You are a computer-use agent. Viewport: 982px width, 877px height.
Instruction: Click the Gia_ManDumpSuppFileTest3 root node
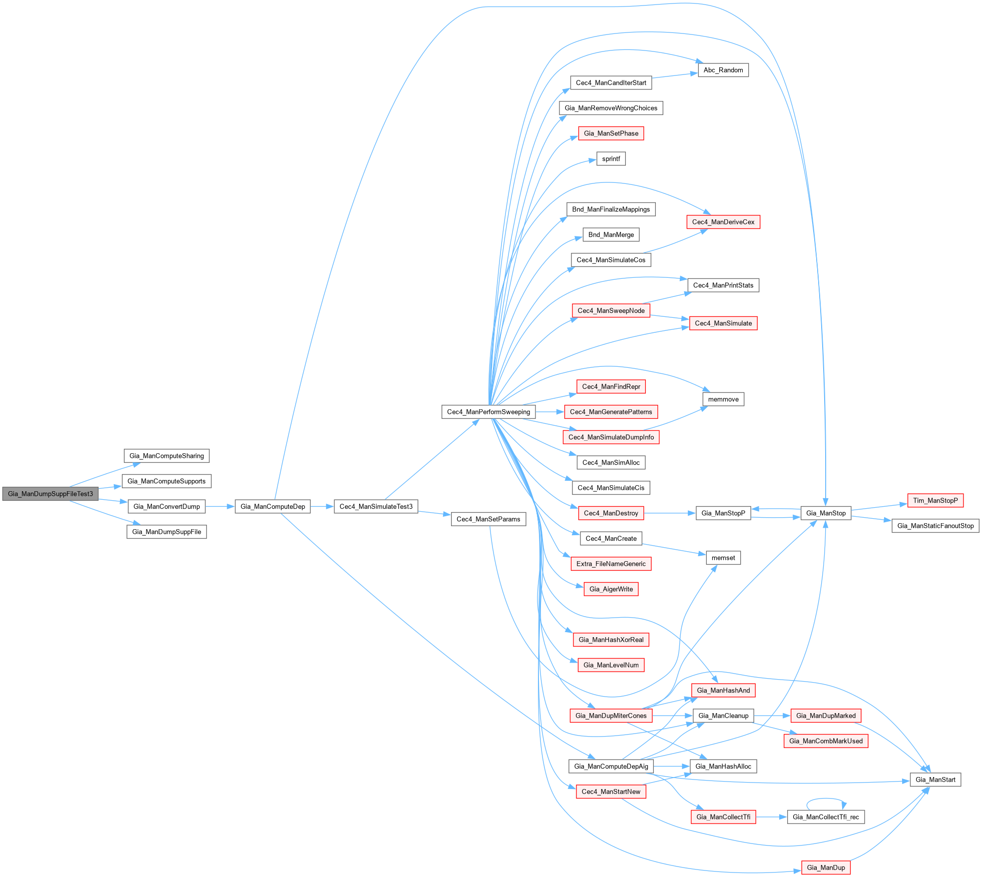(50, 494)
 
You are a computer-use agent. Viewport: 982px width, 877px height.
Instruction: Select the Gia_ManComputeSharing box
(166, 456)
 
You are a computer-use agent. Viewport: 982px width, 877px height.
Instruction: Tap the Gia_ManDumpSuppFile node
(166, 532)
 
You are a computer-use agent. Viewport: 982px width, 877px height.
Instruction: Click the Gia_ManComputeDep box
(273, 506)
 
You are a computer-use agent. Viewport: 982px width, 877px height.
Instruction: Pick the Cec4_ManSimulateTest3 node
(376, 506)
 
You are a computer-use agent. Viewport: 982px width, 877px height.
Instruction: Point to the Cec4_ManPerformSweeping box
(489, 412)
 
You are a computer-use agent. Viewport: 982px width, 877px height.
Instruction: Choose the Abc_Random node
(723, 70)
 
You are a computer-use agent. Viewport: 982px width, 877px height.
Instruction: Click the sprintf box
(611, 159)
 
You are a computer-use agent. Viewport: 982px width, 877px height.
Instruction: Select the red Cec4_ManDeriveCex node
(723, 222)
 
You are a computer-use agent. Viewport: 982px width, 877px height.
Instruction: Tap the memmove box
(723, 399)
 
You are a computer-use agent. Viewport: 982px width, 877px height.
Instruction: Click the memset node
(723, 558)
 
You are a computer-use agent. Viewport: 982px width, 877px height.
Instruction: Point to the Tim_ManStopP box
(936, 500)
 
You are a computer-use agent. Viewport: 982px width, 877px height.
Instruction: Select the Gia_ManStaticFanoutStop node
(936, 526)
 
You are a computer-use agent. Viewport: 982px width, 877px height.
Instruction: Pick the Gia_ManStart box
(936, 780)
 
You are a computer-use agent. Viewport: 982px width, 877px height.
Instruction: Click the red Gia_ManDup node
(826, 868)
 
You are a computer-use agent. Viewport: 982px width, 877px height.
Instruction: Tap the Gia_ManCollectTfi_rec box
(826, 817)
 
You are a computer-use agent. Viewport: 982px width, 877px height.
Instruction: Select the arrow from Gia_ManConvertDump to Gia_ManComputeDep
(220, 506)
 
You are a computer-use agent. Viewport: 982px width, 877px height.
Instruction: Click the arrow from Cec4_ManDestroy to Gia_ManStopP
(669, 513)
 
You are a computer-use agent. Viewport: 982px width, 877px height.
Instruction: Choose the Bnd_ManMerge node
(611, 235)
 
